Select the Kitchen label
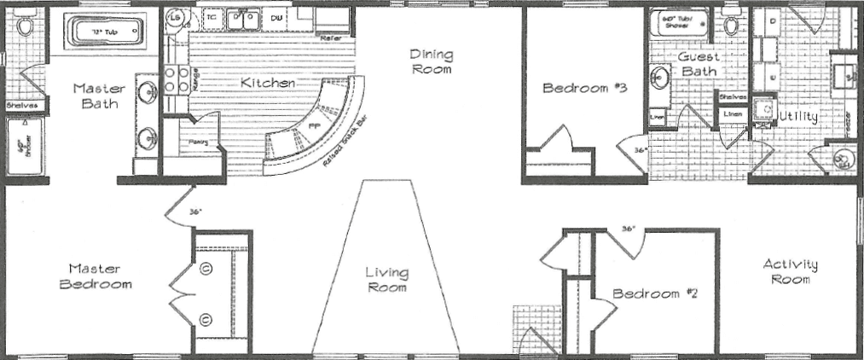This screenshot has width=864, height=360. (267, 83)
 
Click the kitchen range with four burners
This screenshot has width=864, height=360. (176, 79)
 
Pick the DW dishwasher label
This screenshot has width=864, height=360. (277, 17)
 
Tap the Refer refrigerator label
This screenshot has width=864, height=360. (331, 38)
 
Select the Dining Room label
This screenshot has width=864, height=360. (432, 62)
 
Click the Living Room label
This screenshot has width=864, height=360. (386, 280)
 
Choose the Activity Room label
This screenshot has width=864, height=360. (790, 271)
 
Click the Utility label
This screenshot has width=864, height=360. (797, 116)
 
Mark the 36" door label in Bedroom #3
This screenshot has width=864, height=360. (641, 151)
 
